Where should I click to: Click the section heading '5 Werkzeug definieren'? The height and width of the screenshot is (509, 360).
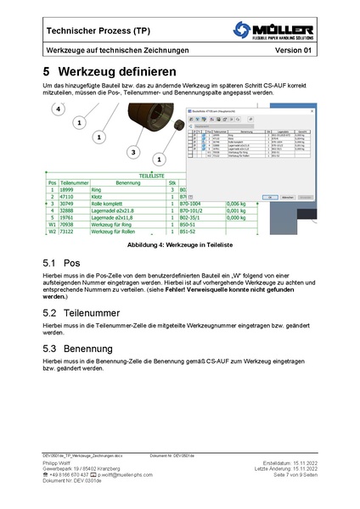110,73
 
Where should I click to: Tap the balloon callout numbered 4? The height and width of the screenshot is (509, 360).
58,109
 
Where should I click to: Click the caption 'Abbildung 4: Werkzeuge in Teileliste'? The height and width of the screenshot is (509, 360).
179,243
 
